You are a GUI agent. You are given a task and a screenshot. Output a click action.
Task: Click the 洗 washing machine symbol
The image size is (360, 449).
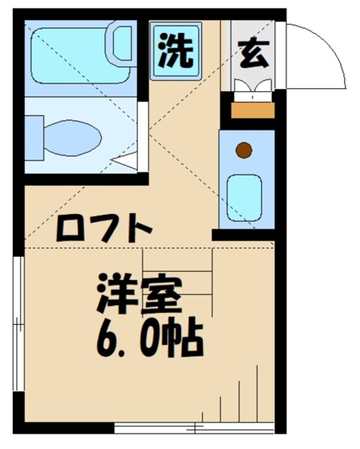click(176, 52)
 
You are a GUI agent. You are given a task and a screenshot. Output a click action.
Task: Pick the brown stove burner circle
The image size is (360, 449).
click(244, 151)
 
